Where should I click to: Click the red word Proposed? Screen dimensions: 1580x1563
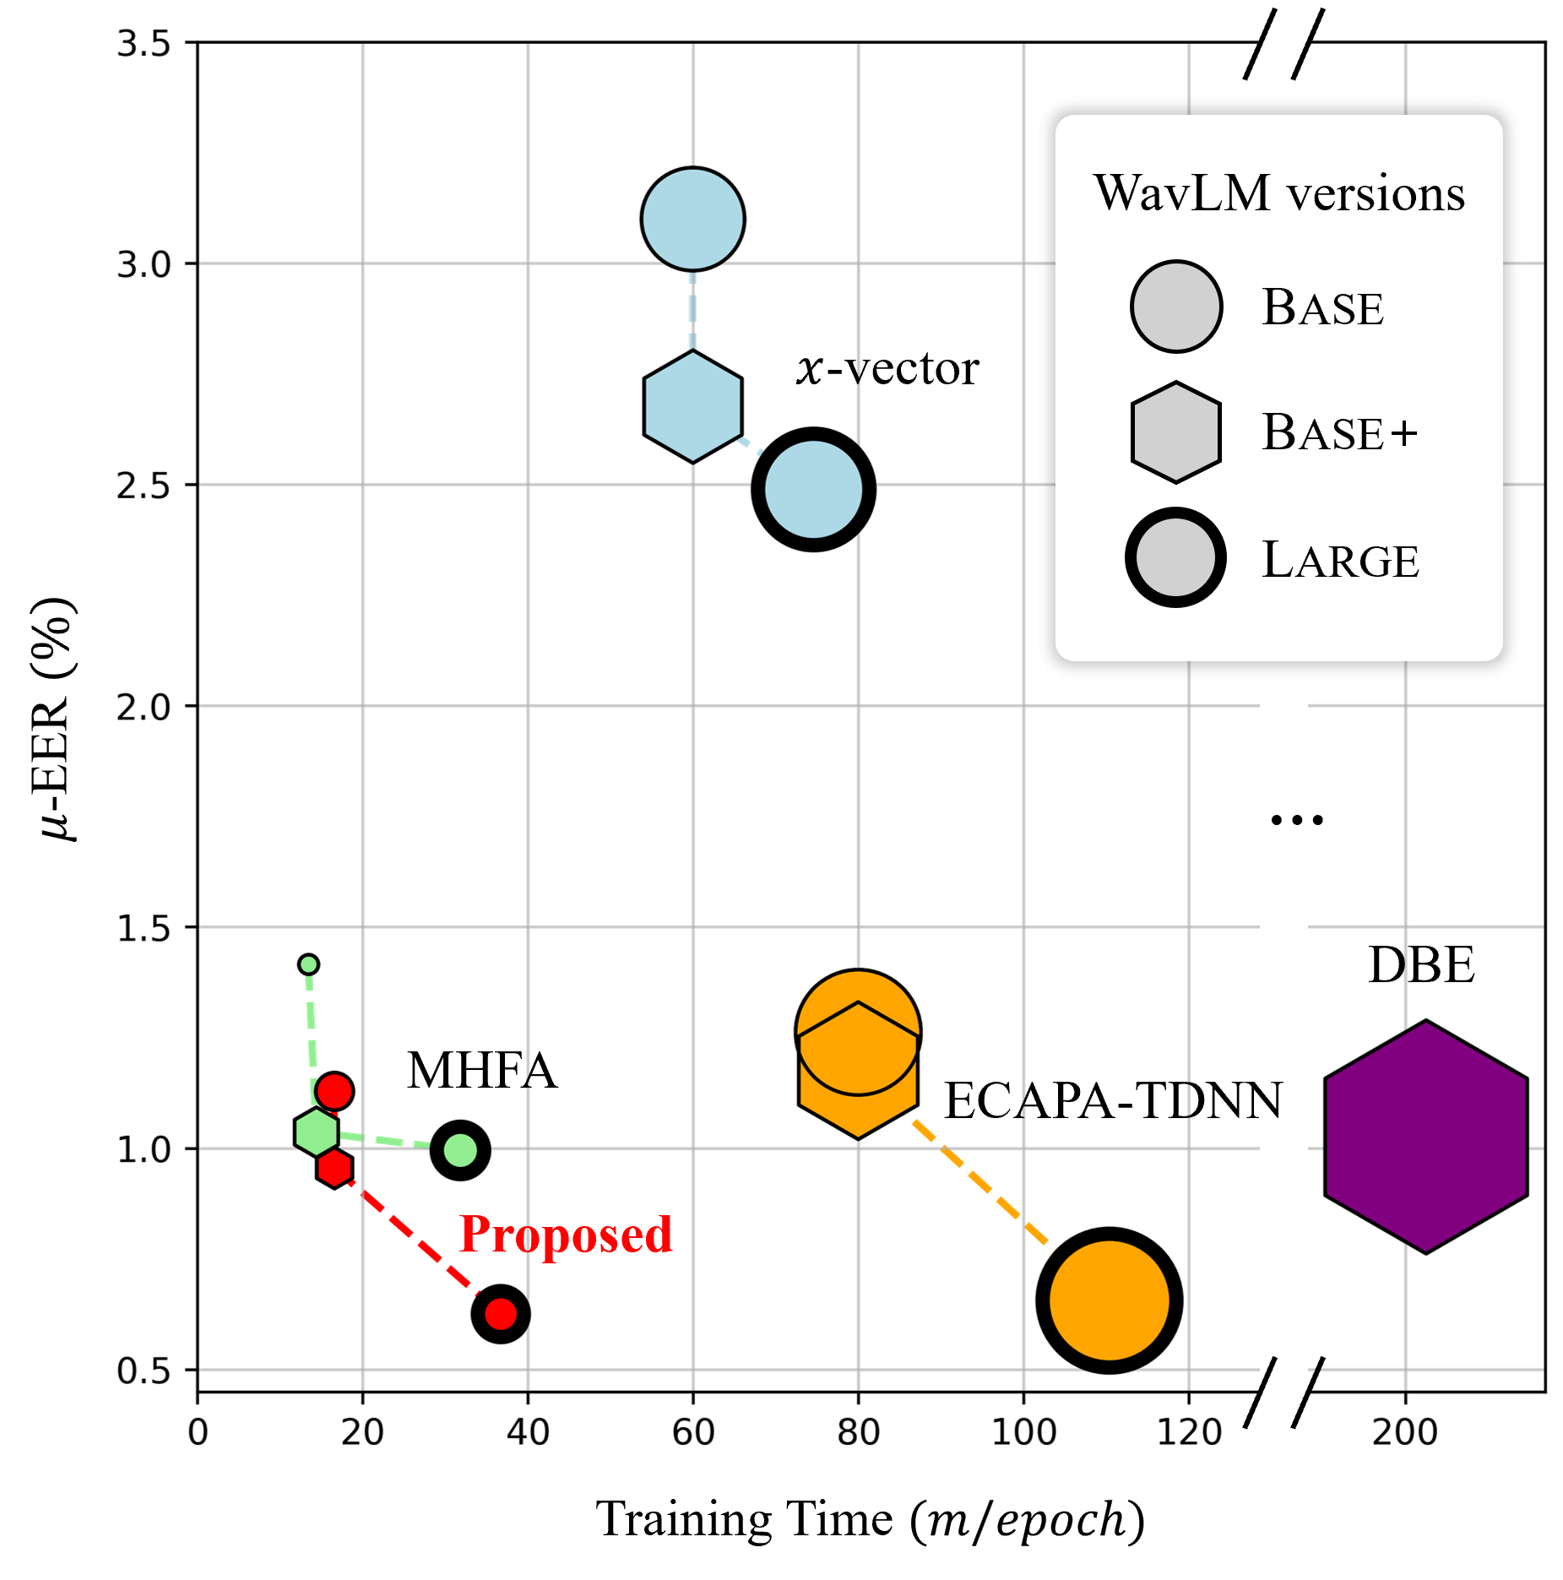click(566, 1234)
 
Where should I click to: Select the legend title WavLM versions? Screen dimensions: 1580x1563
click(1278, 193)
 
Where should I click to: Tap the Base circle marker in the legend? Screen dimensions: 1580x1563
click(1176, 306)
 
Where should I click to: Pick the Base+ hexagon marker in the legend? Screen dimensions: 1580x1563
click(1176, 432)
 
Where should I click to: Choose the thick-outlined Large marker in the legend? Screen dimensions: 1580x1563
click(1175, 557)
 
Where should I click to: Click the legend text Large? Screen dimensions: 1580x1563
click(1340, 560)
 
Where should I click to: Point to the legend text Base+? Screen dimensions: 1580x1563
click(1339, 432)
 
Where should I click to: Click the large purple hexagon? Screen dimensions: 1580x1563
click(1426, 1137)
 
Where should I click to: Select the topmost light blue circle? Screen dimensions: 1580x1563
click(692, 220)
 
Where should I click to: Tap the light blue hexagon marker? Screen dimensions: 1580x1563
click(692, 407)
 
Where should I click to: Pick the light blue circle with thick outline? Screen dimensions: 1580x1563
click(813, 490)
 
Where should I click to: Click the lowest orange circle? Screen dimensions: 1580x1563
click(1109, 1300)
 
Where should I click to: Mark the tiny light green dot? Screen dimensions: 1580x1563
click(308, 964)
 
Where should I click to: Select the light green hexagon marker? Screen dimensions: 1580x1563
click(317, 1132)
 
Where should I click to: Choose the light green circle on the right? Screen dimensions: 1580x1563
click(460, 1150)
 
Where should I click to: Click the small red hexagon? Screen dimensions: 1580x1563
click(335, 1168)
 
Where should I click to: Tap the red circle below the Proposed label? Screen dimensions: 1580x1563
click(502, 1314)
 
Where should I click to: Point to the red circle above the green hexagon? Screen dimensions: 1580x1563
click(334, 1091)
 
